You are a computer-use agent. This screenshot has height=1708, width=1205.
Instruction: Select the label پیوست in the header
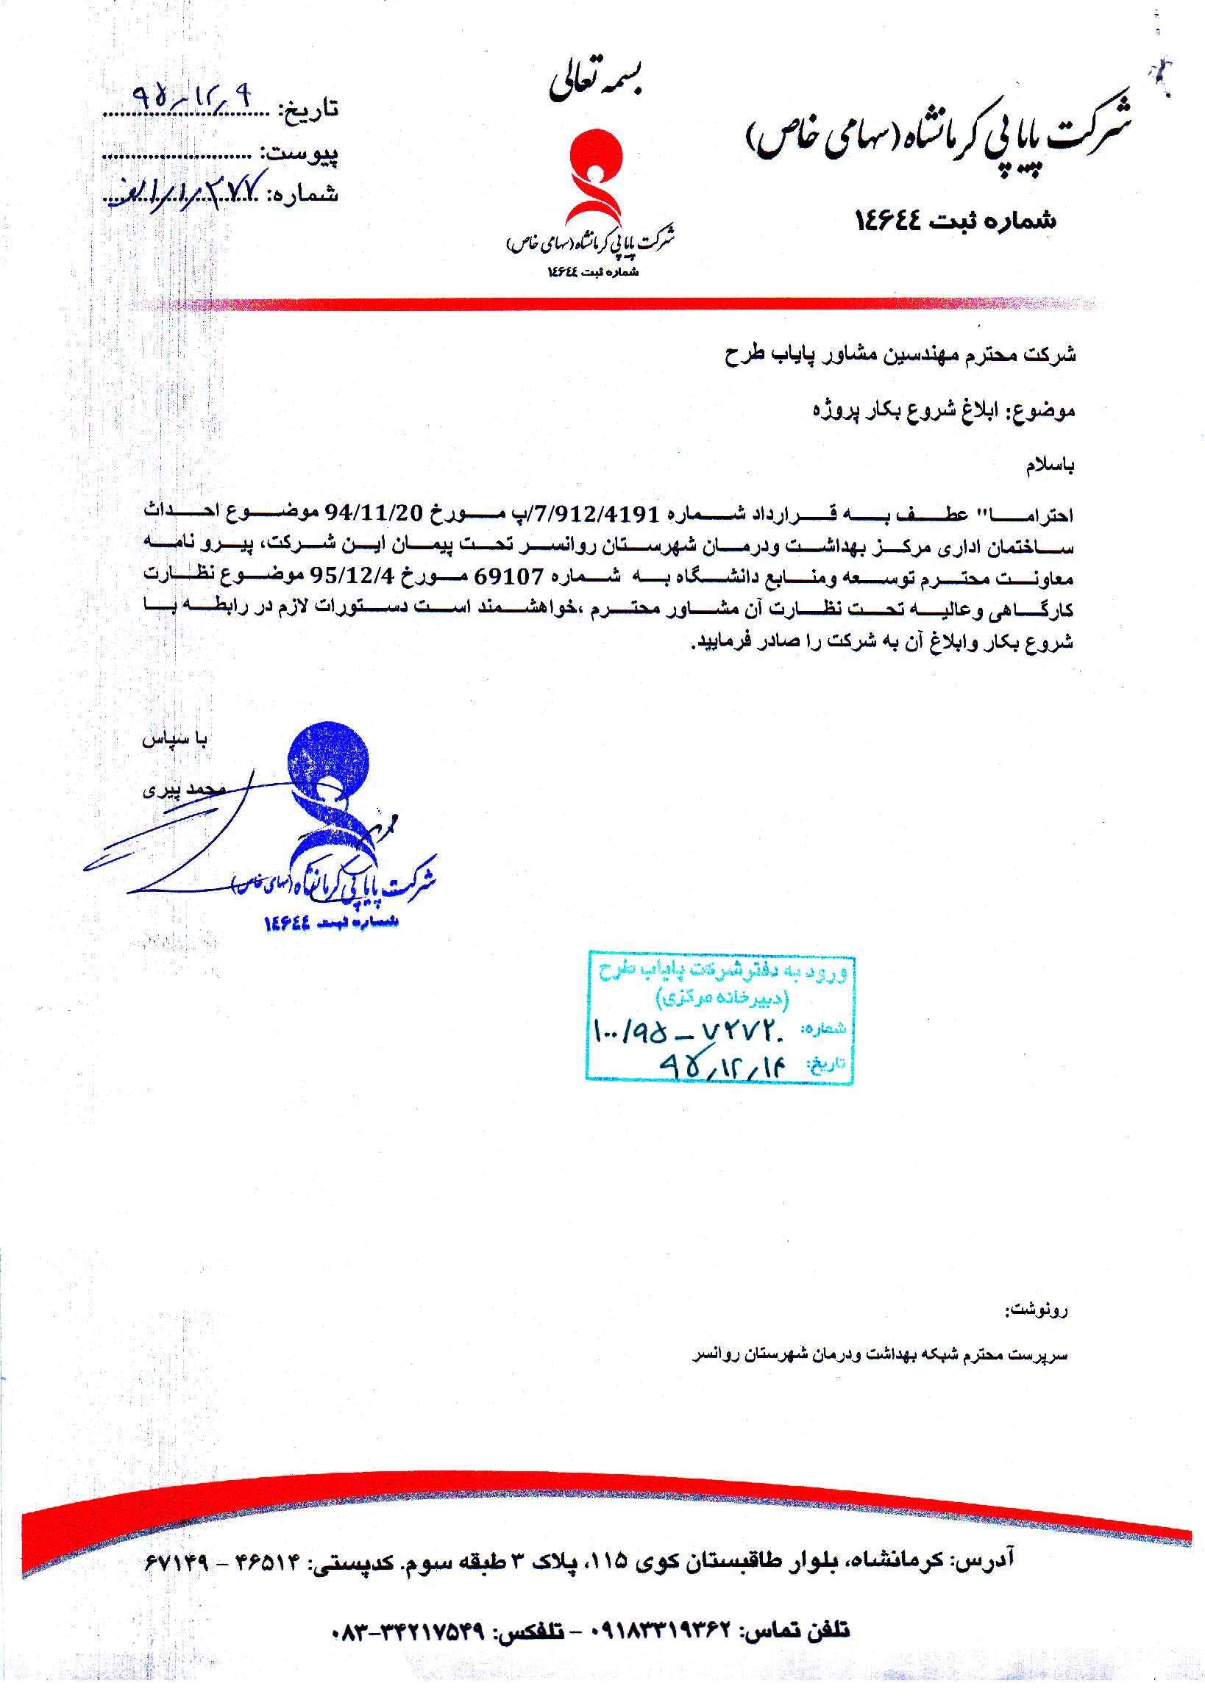301,154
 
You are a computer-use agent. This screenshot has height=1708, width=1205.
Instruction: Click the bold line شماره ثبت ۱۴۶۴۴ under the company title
956,219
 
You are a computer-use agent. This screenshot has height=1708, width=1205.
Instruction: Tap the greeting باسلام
1049,466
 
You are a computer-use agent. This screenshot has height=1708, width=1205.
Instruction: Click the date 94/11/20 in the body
374,513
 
